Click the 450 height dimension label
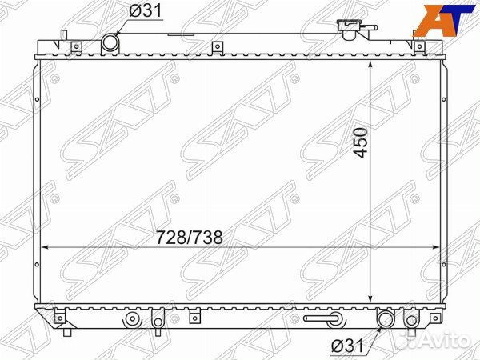click(361, 143)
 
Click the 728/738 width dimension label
click(189, 238)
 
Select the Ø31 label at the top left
click(145, 11)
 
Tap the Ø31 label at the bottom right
click(347, 346)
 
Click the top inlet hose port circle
click(110, 43)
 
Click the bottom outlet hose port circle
click(386, 318)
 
